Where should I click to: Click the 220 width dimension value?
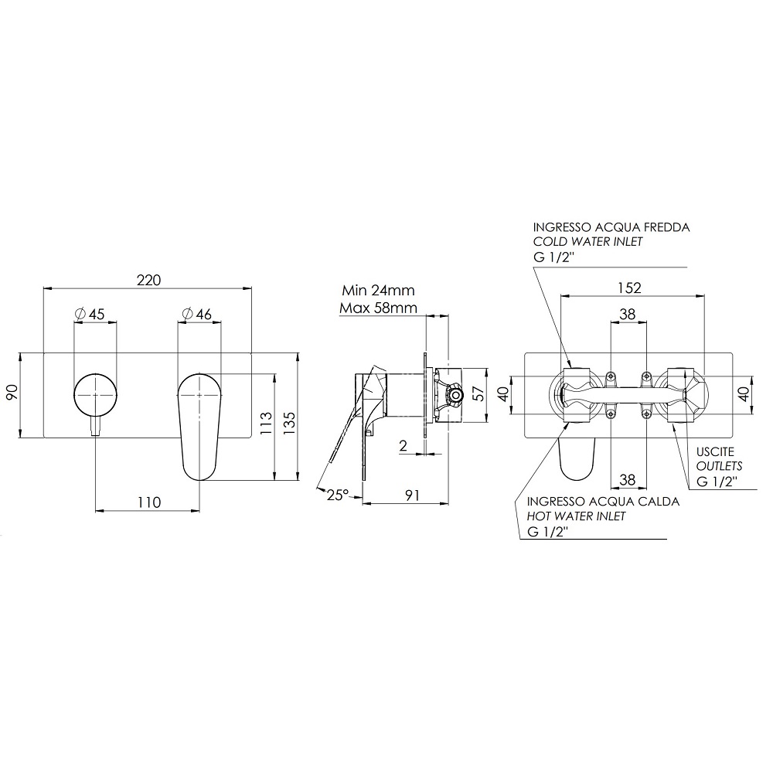pos(148,280)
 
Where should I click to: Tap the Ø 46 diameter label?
pos(196,314)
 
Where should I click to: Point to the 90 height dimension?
pos(12,393)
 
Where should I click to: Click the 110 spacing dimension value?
pos(149,502)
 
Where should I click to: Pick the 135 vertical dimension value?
pos(289,423)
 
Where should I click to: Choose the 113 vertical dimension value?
pos(266,423)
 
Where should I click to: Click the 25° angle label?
pos(338,495)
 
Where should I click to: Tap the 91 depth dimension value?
pos(412,495)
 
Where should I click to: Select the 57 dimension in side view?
pos(478,393)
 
